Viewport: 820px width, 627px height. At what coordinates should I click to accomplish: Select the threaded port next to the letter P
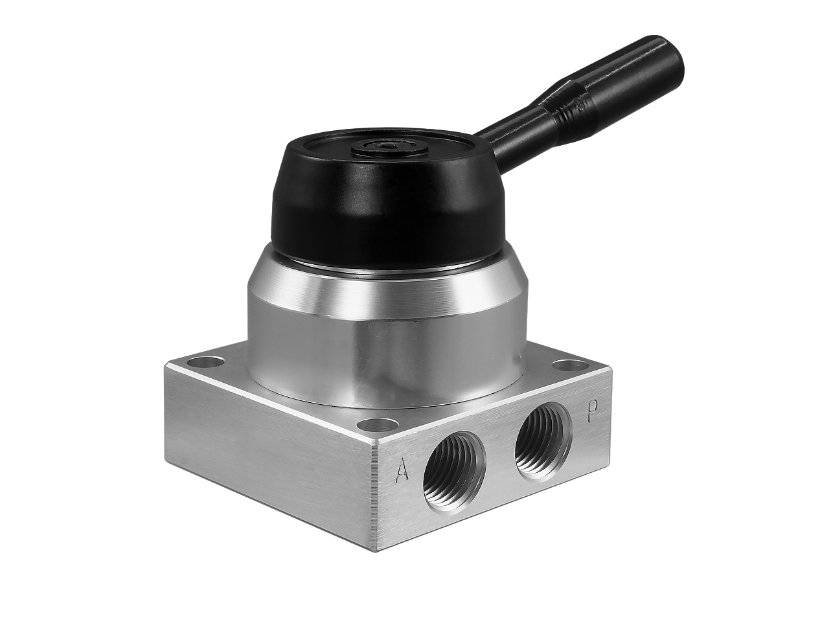coord(544,435)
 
